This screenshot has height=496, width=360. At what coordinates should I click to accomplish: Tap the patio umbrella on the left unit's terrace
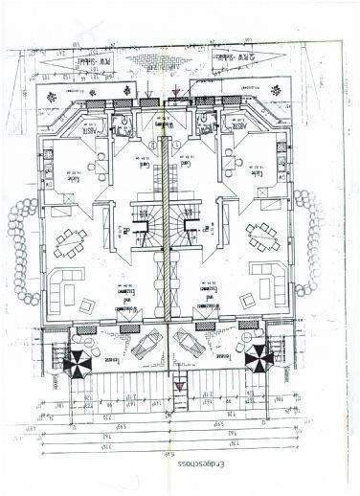[76, 361]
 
